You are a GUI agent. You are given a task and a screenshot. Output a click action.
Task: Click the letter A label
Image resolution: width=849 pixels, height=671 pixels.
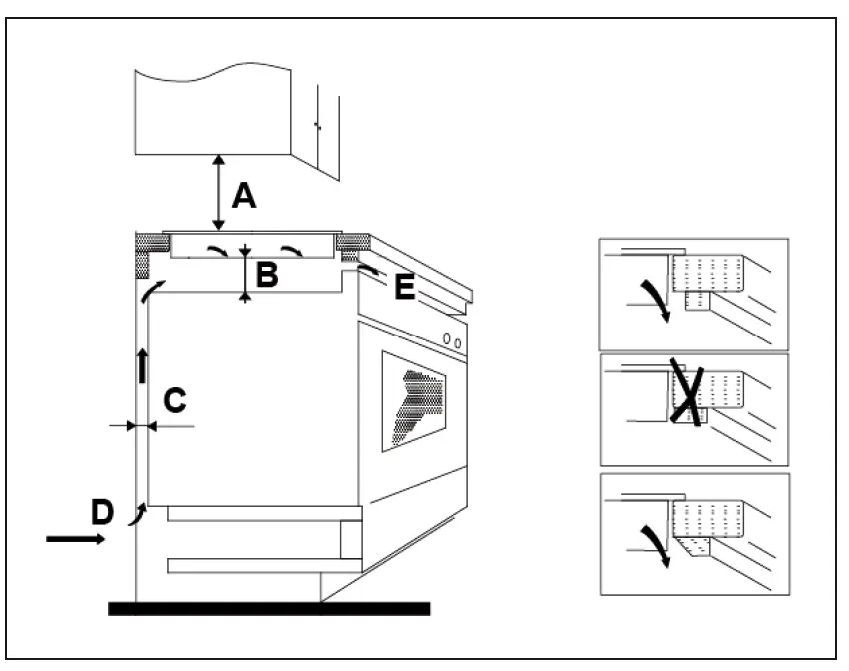click(x=243, y=195)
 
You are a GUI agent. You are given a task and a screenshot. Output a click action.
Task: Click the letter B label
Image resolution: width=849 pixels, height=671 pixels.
click(x=266, y=275)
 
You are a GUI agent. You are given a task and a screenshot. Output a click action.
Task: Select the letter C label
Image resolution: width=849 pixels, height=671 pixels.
click(x=173, y=400)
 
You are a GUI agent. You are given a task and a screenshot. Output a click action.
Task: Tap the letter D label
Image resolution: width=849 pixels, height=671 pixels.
click(x=102, y=512)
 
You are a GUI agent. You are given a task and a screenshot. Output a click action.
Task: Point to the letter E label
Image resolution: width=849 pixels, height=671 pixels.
click(x=403, y=288)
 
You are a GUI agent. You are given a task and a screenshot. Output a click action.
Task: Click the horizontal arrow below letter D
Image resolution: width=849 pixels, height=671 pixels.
click(x=75, y=539)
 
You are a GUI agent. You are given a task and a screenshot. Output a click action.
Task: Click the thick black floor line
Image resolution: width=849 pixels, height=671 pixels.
click(x=268, y=609)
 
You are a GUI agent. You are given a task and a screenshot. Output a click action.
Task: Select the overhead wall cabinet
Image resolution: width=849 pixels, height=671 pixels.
click(x=212, y=110)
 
